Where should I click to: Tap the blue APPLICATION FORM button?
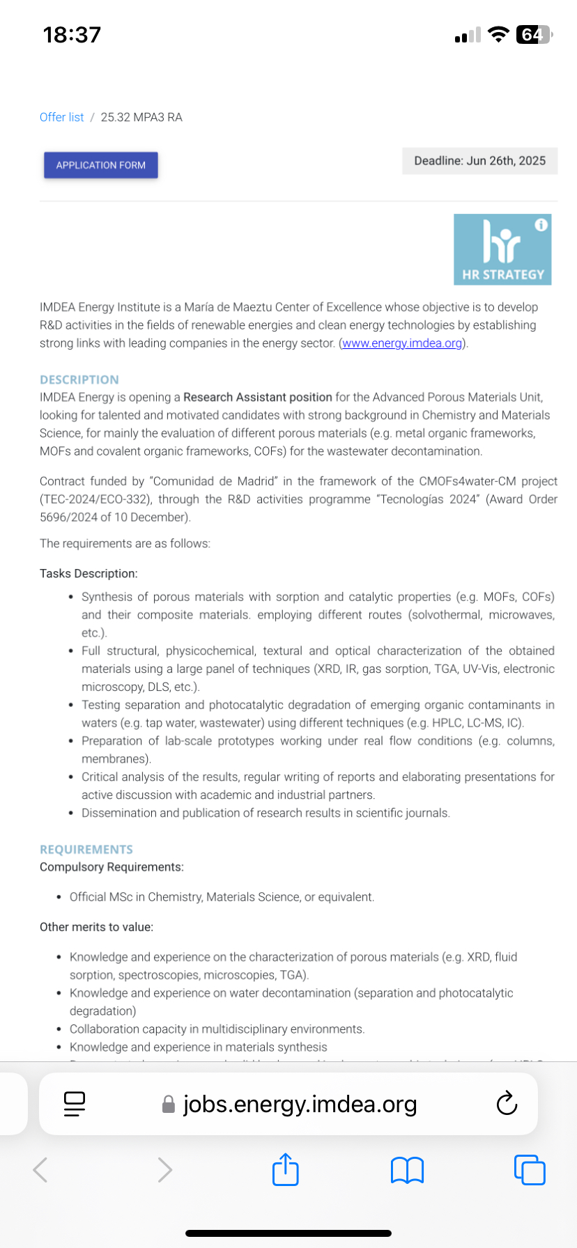click(101, 165)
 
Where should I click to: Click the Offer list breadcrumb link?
click(61, 117)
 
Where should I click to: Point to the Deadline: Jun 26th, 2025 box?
click(479, 161)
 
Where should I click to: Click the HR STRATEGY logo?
click(502, 249)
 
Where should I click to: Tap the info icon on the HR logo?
click(541, 225)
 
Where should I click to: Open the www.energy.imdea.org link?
click(402, 343)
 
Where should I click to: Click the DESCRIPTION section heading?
click(79, 380)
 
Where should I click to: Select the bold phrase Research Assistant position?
click(257, 397)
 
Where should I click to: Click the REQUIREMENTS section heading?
click(86, 850)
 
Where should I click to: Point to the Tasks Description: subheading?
click(89, 573)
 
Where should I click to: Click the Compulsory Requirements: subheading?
click(111, 867)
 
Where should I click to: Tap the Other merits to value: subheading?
click(96, 927)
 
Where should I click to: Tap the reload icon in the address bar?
click(507, 1104)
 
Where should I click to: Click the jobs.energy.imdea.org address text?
click(300, 1104)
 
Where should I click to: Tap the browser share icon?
click(285, 1169)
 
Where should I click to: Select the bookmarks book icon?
click(407, 1170)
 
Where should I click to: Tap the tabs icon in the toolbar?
click(530, 1169)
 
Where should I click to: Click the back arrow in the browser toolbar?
click(40, 1169)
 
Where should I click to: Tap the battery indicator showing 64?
click(532, 35)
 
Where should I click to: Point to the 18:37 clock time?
click(72, 35)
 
